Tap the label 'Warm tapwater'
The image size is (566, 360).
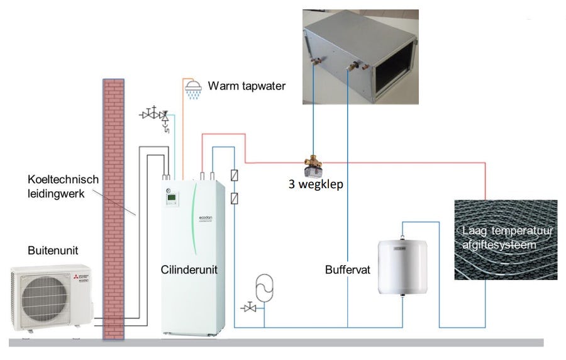point(247,85)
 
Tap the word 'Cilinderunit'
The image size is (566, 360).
point(187,270)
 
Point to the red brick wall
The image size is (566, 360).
point(114,208)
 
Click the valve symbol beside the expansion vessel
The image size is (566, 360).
point(249,308)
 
